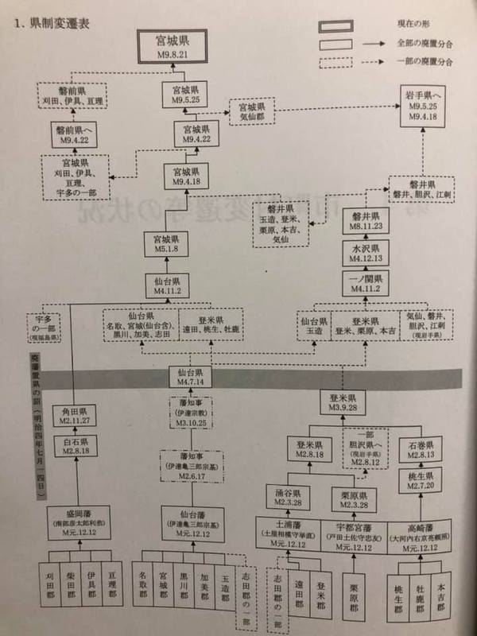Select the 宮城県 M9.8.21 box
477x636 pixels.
pyautogui.click(x=173, y=45)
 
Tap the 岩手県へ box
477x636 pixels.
pyautogui.click(x=422, y=105)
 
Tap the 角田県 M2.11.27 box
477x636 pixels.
pyautogui.click(x=76, y=415)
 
